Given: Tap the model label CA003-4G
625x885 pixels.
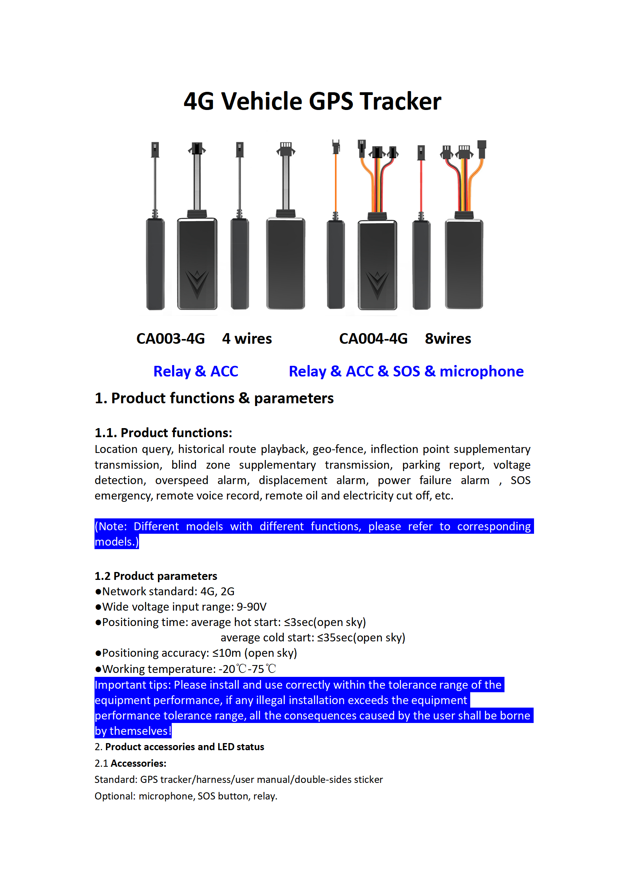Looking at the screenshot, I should (x=171, y=339).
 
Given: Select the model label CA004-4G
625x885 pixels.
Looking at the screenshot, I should (x=373, y=339).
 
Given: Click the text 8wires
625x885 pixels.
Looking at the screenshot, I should (x=448, y=339).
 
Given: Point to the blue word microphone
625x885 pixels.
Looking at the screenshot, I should (x=481, y=371).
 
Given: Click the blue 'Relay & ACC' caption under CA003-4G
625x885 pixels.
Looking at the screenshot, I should (x=196, y=371).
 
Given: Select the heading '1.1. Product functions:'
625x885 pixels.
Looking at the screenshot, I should (x=163, y=433).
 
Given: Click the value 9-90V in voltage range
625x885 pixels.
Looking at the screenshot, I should (x=251, y=607).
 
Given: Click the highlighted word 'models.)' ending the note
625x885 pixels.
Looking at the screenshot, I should (x=117, y=542).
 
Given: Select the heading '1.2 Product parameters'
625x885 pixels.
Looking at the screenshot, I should (x=156, y=576).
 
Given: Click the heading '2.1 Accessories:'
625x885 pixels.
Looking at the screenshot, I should (x=130, y=763).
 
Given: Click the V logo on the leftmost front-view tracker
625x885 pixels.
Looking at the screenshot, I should (x=197, y=283).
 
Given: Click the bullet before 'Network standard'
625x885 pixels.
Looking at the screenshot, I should (x=98, y=592).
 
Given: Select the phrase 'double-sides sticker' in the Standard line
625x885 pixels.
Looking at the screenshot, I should (x=339, y=779).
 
